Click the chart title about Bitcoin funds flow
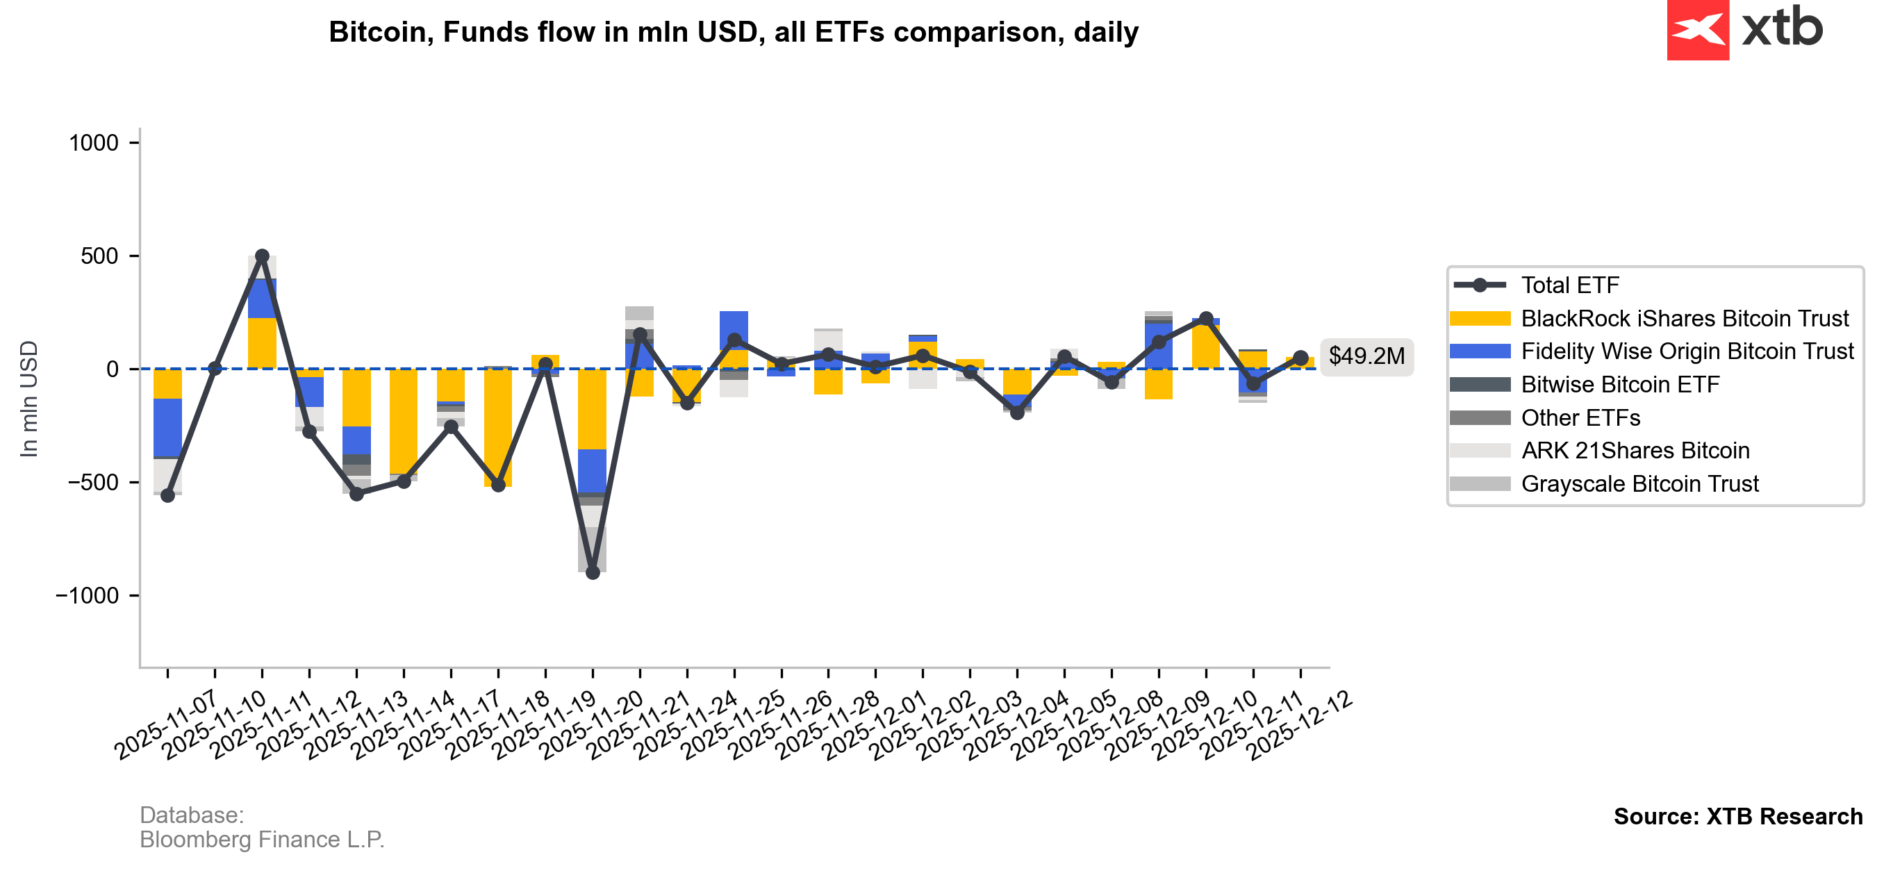(x=733, y=32)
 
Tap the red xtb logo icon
(x=1698, y=30)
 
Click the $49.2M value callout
(x=1366, y=356)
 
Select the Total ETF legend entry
(x=1569, y=285)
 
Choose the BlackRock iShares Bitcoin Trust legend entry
(x=1684, y=319)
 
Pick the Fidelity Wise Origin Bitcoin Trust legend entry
(x=1687, y=351)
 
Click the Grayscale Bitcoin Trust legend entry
(x=1639, y=484)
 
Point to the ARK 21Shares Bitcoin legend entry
(x=1635, y=451)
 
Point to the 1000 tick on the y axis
(x=94, y=142)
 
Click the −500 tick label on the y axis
(x=93, y=483)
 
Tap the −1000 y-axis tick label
(x=87, y=596)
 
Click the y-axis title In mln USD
(x=28, y=399)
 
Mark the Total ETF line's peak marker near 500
(x=262, y=256)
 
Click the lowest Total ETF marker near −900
(x=593, y=573)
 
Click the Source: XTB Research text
(x=1737, y=816)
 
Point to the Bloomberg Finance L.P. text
(x=262, y=840)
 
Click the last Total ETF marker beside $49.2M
(x=1300, y=358)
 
